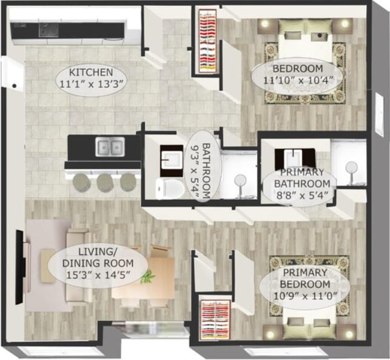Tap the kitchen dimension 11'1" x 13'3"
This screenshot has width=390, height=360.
coord(91,84)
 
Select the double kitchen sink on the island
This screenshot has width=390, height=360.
coord(110,146)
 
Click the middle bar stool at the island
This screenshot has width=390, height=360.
coord(105,182)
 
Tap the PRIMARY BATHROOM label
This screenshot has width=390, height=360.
coord(297,177)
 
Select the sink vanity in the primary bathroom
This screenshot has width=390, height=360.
coord(295,156)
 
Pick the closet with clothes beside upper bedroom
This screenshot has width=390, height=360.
coord(207,41)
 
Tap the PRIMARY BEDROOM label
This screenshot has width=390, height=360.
coord(305,278)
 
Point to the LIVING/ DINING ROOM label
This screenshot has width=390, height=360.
coord(105,257)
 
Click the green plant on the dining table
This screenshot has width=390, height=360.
coord(147,277)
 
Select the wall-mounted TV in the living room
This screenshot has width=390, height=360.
coord(26,260)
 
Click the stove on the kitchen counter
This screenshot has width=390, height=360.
coord(49,29)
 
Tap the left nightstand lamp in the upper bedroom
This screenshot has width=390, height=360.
coord(266,24)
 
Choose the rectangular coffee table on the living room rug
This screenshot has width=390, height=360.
coord(48,265)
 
